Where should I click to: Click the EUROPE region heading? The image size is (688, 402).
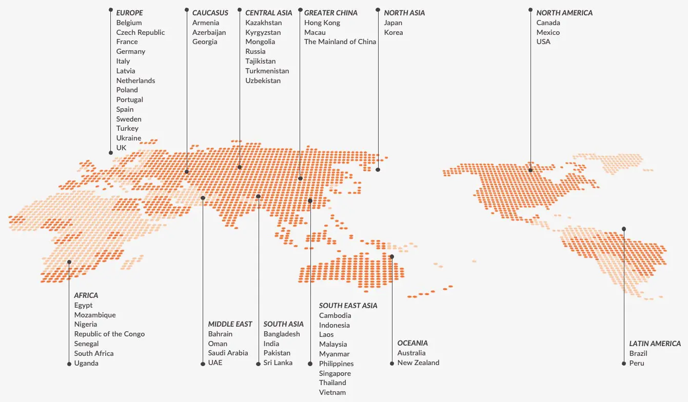(x=129, y=13)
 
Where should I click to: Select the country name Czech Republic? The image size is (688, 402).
(x=141, y=32)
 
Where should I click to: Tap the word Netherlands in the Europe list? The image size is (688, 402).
(x=135, y=81)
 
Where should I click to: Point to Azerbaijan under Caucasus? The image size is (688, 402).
(x=209, y=32)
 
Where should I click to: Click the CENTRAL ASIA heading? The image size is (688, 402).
(x=268, y=13)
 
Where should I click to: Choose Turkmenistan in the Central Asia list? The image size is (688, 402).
(x=267, y=71)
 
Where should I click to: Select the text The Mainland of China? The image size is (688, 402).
(x=340, y=42)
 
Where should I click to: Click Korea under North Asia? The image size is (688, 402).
(x=394, y=32)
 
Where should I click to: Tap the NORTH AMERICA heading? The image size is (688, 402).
(x=564, y=13)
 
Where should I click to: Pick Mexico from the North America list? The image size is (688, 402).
(x=548, y=32)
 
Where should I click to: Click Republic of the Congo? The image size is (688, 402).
(x=109, y=334)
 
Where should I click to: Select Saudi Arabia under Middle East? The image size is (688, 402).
(x=228, y=353)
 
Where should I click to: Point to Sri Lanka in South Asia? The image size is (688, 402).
(x=278, y=363)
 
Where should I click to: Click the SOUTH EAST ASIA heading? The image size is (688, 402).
(x=348, y=306)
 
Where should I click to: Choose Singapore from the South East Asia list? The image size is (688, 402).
(x=335, y=373)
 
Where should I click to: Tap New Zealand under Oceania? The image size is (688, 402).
(x=418, y=363)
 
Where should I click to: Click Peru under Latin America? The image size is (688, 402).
(x=636, y=363)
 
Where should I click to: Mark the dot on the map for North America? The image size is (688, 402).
(x=530, y=170)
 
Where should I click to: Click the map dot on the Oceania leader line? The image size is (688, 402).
(x=392, y=256)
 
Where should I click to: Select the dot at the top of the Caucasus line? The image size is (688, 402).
(x=187, y=10)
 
